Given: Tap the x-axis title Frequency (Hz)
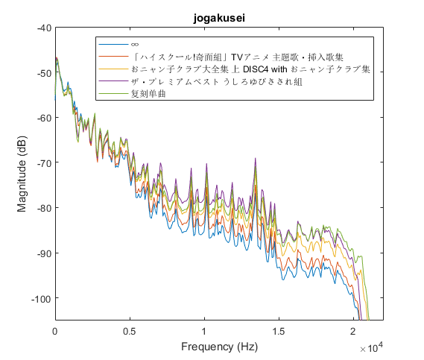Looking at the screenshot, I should [219, 347].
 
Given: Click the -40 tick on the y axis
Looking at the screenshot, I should [42, 28].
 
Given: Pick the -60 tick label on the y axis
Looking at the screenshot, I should [42, 118].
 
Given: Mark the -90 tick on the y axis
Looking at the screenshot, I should [42, 253].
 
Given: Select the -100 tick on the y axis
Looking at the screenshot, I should [40, 299].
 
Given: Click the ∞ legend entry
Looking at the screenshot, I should [135, 45].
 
